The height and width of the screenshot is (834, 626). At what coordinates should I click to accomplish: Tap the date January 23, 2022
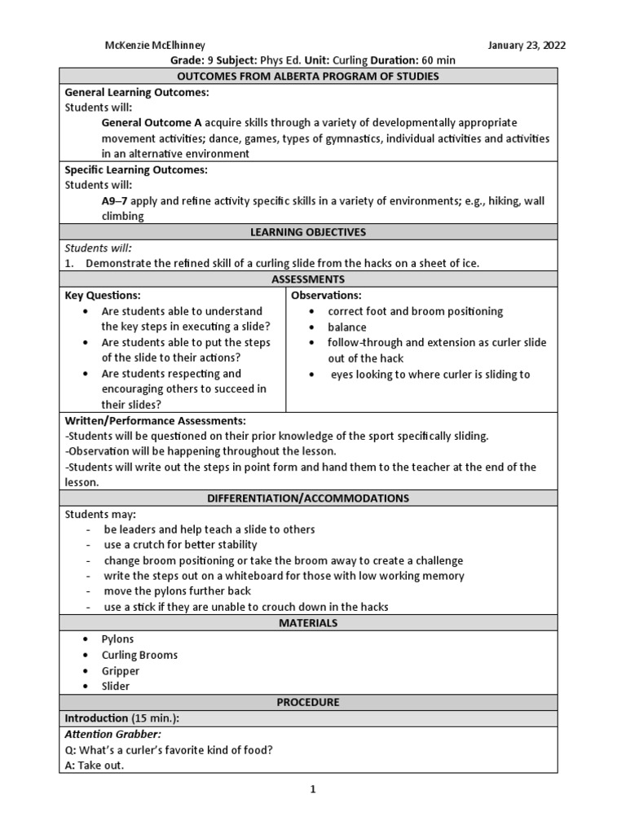click(x=527, y=45)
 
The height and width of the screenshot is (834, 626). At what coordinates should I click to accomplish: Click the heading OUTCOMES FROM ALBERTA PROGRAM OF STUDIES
click(x=308, y=76)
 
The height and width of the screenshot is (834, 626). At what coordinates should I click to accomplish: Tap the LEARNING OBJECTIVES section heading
click(x=308, y=232)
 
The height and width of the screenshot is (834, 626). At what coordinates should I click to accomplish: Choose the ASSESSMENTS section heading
click(x=308, y=279)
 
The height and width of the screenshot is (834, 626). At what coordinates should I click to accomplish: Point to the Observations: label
click(x=326, y=295)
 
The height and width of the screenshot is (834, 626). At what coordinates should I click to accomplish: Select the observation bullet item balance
click(x=347, y=327)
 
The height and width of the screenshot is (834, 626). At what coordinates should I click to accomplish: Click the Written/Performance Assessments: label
click(x=155, y=420)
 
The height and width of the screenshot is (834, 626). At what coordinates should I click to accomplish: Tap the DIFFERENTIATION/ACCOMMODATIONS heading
click(x=308, y=498)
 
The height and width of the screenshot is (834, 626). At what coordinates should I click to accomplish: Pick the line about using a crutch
click(x=180, y=544)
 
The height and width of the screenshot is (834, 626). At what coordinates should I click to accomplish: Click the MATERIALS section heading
click(x=308, y=623)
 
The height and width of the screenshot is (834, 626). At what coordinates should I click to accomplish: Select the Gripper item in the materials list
click(x=121, y=670)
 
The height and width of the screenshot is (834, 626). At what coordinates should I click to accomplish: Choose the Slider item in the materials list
click(x=116, y=686)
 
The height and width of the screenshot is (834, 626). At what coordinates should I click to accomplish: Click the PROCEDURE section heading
click(x=308, y=701)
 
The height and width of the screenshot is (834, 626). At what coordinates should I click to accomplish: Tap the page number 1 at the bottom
click(x=312, y=789)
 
